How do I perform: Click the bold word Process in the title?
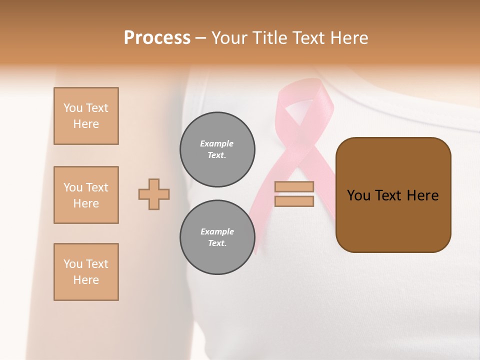click(157, 38)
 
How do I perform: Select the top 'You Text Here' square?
click(86, 116)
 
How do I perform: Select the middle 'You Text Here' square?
click(86, 195)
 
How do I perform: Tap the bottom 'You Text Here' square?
click(86, 272)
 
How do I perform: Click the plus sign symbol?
click(154, 194)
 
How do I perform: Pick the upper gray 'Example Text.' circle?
click(217, 149)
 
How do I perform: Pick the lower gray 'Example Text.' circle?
click(217, 237)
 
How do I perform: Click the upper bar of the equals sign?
click(294, 186)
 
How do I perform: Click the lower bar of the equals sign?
click(294, 201)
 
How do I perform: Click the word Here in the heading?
click(347, 38)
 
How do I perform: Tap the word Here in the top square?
click(86, 124)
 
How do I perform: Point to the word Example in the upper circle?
click(217, 143)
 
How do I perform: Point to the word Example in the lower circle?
click(217, 231)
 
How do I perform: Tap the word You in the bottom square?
click(73, 264)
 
